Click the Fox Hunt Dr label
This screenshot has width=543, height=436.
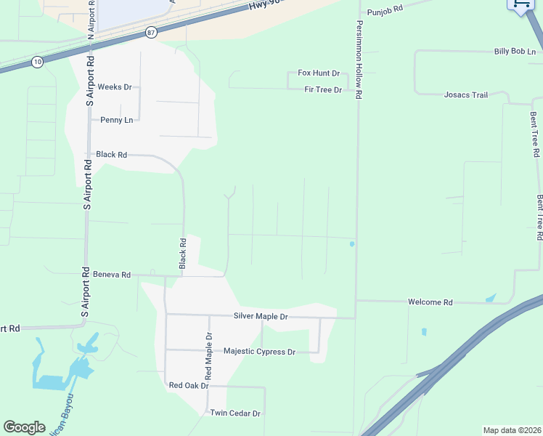point(319,73)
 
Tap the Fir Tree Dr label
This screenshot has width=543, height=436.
point(323,89)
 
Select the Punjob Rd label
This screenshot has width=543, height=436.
point(384,12)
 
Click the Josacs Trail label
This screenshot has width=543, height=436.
point(466,95)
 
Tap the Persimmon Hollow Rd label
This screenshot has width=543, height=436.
point(359,59)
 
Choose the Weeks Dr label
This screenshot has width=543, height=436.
point(115,87)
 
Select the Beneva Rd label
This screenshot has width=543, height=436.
point(112,275)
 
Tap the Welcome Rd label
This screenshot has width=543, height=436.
point(430,302)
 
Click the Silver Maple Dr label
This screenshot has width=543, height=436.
point(261,317)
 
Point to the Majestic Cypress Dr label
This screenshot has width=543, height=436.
point(259,352)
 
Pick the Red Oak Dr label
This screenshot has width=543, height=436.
point(189,385)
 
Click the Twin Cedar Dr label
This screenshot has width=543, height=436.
point(235,413)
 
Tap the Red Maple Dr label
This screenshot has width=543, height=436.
point(208,356)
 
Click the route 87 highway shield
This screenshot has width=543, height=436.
point(150,33)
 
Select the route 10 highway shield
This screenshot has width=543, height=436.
point(37,63)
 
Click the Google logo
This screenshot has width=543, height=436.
point(24,427)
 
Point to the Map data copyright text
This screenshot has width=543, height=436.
point(512,430)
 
